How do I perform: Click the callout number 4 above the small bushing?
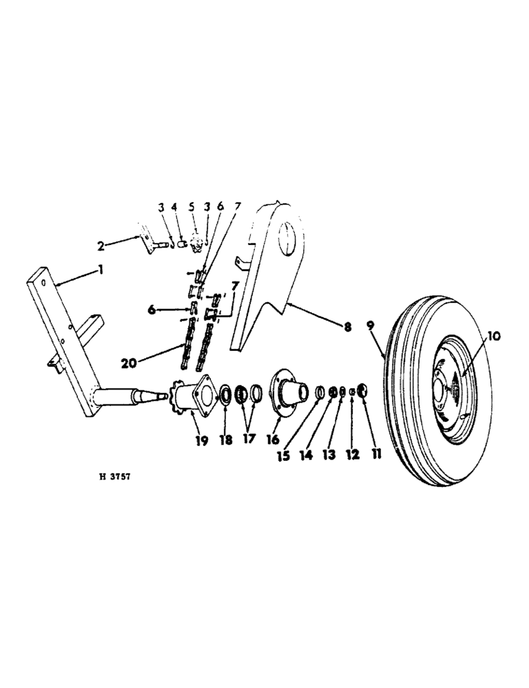coord(174,207)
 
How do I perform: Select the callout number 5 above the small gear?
coord(192,207)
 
